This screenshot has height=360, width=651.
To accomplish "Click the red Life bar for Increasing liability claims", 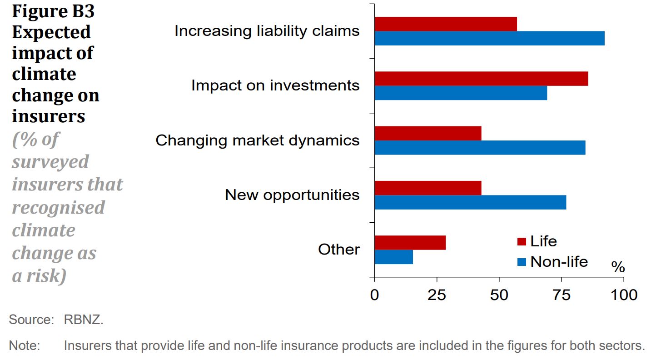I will [x=446, y=24].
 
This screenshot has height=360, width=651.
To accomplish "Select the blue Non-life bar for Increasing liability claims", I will [x=489, y=38].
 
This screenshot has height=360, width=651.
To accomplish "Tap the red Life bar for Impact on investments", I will [x=481, y=79].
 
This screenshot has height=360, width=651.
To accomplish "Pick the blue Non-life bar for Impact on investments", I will [x=461, y=93].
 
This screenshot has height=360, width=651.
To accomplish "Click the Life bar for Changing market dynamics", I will [x=428, y=133].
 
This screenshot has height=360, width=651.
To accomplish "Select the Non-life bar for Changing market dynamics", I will [x=480, y=148].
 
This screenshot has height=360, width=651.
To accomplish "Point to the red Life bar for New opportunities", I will [x=428, y=188].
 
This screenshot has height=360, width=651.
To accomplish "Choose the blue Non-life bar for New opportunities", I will [x=470, y=202].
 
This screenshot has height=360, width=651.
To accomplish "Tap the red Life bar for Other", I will [x=410, y=243].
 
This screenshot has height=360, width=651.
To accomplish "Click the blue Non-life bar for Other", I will [x=394, y=257].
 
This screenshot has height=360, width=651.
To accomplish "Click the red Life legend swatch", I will [x=522, y=241].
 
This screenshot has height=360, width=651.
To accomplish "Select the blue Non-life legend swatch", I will [x=522, y=262].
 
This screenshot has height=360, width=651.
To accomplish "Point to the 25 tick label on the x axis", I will [x=437, y=295].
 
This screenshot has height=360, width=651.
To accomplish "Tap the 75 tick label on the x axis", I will [x=562, y=295].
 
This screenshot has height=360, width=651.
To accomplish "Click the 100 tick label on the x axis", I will [x=623, y=295].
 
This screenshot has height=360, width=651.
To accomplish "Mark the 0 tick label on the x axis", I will [x=374, y=295].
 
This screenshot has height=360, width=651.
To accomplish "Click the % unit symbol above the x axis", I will [x=618, y=267].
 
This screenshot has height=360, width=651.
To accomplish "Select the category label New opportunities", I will [x=292, y=195].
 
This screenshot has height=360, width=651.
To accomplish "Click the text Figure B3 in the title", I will [x=53, y=11].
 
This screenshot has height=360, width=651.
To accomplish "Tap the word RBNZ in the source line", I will [x=84, y=320].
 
